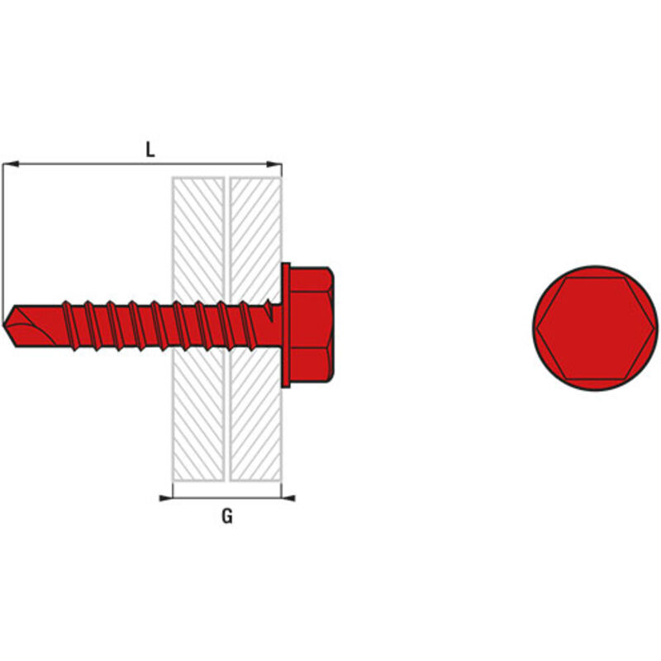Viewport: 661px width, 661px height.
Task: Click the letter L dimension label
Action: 150,150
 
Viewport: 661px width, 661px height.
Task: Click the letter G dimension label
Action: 227,516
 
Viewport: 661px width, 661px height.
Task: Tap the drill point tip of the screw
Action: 3,325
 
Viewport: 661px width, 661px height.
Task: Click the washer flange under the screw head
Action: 286,325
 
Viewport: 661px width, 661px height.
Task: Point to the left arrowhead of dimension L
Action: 10,164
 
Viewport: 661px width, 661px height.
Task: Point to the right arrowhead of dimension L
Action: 274,164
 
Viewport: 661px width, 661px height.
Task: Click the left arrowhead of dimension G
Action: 166,498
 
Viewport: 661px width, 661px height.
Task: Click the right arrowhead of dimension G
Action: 288,498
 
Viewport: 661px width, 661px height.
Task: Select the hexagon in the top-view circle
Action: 595,329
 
